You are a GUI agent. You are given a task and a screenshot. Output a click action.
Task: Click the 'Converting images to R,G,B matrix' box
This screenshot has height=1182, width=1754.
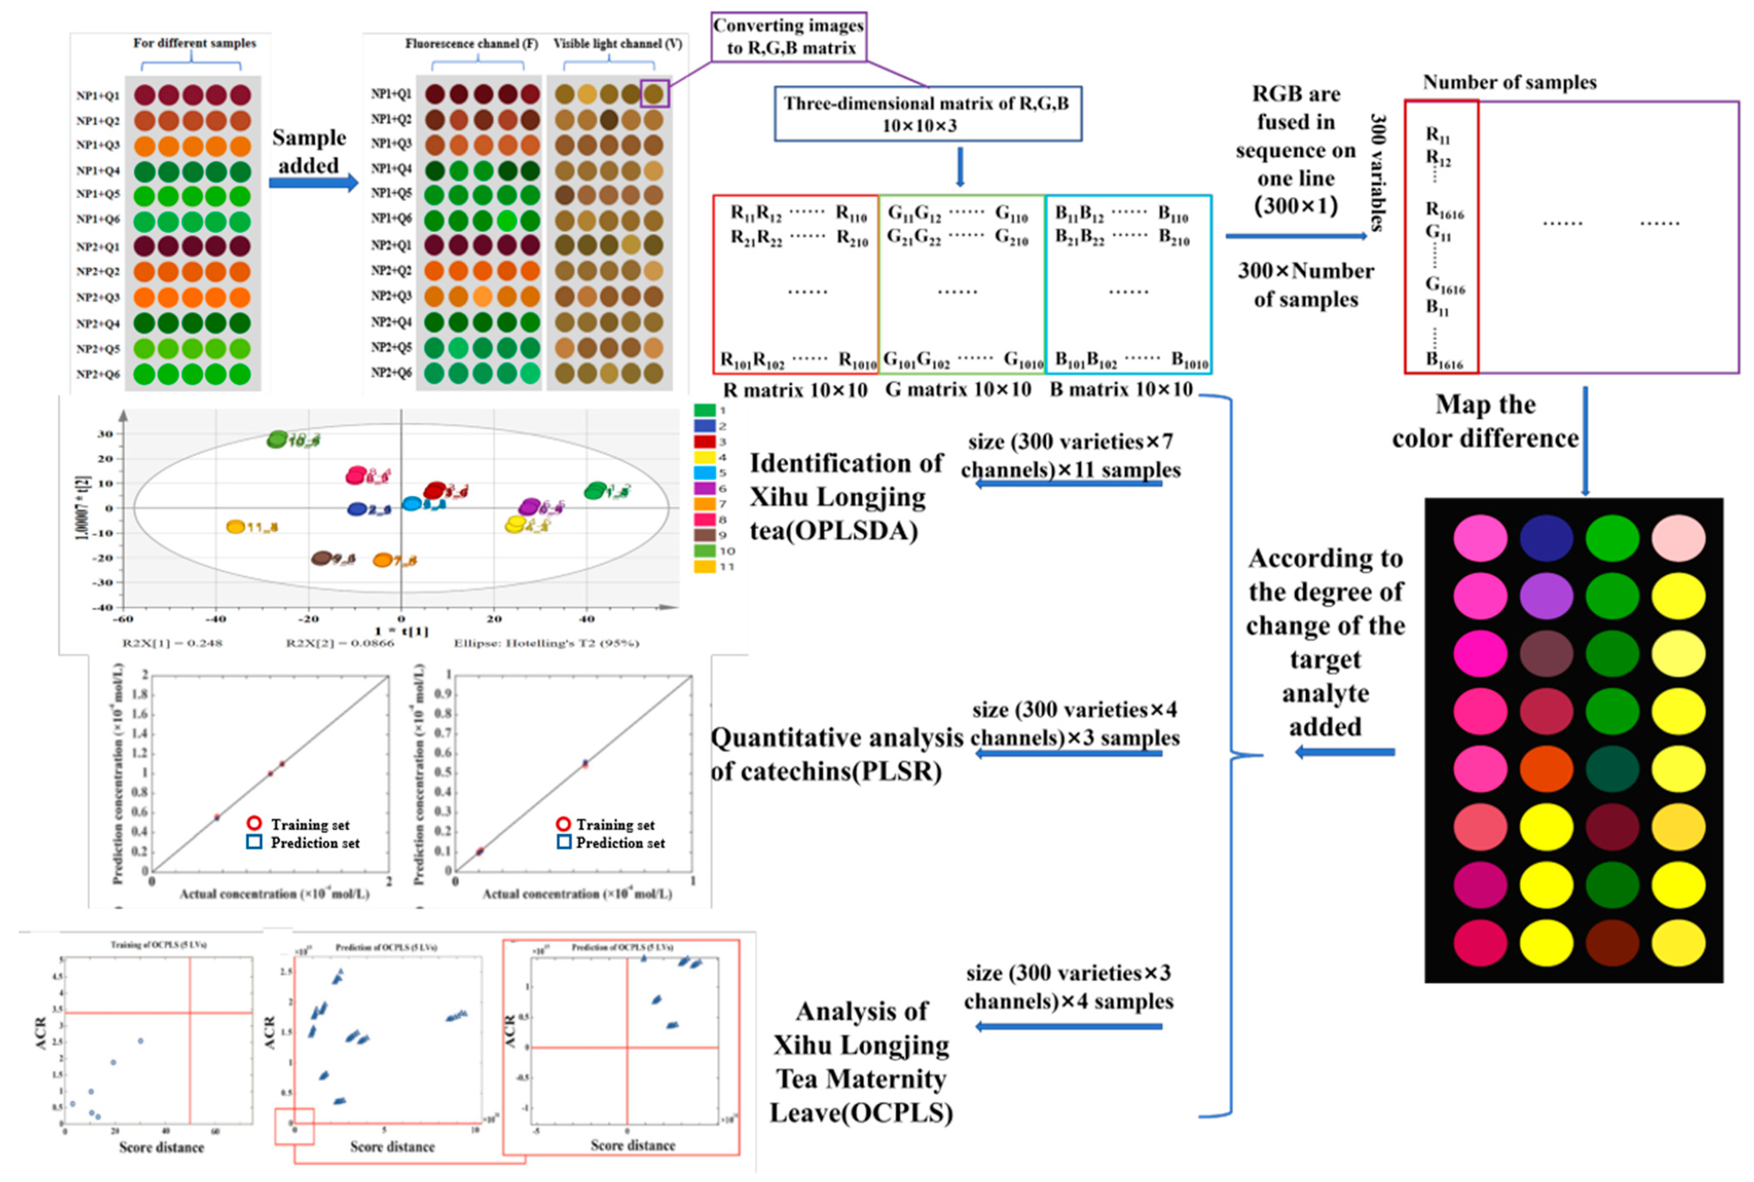point(788,37)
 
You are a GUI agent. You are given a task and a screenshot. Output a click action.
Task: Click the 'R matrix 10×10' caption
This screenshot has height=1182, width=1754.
point(795,390)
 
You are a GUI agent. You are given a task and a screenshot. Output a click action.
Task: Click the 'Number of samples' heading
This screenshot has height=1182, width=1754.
point(1509,82)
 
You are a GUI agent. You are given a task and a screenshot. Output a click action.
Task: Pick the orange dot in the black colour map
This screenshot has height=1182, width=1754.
point(1546,769)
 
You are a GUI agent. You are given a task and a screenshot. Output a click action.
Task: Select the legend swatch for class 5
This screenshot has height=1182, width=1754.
point(705,473)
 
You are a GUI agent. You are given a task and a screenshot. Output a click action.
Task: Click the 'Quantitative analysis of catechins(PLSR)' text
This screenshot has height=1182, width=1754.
point(836,754)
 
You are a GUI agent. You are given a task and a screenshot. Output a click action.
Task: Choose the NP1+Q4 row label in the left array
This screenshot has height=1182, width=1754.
point(98,170)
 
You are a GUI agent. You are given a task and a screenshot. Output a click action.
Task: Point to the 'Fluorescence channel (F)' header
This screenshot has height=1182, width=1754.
point(472,44)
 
